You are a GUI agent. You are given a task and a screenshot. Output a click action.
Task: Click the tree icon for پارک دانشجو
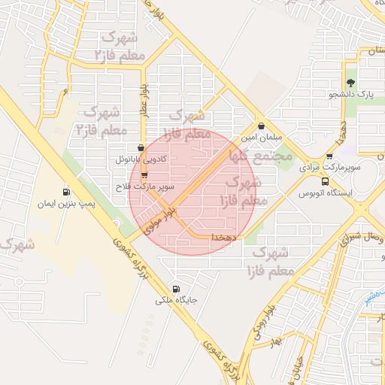pos(350,83)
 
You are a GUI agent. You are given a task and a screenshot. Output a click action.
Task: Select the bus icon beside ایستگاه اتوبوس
pos(325,181)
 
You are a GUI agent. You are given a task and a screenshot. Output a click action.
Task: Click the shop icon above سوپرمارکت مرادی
pos(329,156)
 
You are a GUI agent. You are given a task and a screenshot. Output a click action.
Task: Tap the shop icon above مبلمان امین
pos(261,126)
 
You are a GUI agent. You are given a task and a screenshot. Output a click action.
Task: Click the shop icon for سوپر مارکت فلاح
pos(144,174)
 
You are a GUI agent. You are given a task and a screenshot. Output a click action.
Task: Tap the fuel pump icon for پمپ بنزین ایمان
pos(67,192)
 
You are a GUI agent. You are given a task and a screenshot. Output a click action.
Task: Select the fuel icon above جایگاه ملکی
pos(177,288)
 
